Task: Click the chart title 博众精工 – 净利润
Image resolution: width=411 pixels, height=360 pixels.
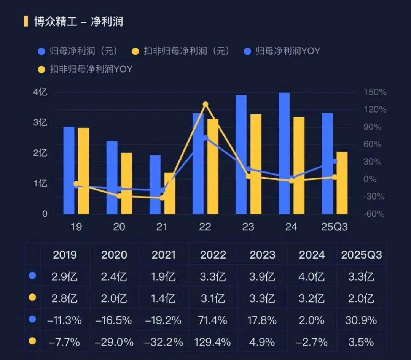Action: (78, 22)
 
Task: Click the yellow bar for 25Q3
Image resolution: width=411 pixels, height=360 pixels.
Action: (342, 183)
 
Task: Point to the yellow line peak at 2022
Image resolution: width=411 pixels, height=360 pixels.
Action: (205, 104)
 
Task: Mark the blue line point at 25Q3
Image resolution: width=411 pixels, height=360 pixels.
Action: (335, 162)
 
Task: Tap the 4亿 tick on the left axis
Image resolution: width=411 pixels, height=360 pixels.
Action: (40, 92)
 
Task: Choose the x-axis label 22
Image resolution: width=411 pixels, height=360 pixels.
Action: (205, 227)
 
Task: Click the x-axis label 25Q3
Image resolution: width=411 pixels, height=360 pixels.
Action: (334, 227)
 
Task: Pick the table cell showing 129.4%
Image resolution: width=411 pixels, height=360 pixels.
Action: (213, 342)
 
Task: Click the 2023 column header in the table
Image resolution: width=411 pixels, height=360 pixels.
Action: (262, 254)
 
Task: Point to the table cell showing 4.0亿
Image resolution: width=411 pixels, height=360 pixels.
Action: (312, 276)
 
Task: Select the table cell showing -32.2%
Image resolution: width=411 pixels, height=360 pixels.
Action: (163, 342)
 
